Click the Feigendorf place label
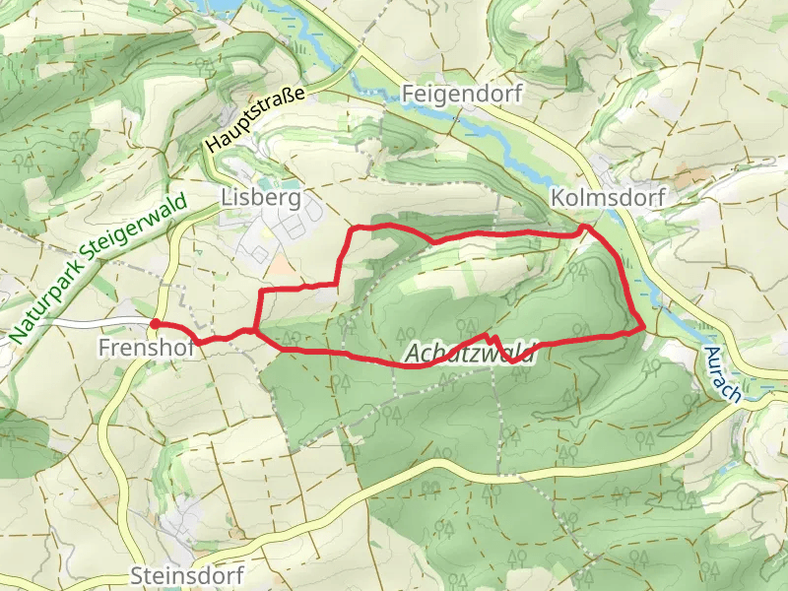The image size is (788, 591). point(462,94)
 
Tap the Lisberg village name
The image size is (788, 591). point(260,197)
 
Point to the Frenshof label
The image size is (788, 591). point(138,347)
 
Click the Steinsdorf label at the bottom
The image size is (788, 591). point(186,575)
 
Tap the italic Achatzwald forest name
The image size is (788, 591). point(469,353)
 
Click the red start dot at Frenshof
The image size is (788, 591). point(155,323)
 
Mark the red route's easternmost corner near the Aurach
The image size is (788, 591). point(644,325)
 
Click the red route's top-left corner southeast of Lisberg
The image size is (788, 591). point(355,230)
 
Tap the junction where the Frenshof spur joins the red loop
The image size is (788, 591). point(256,331)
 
